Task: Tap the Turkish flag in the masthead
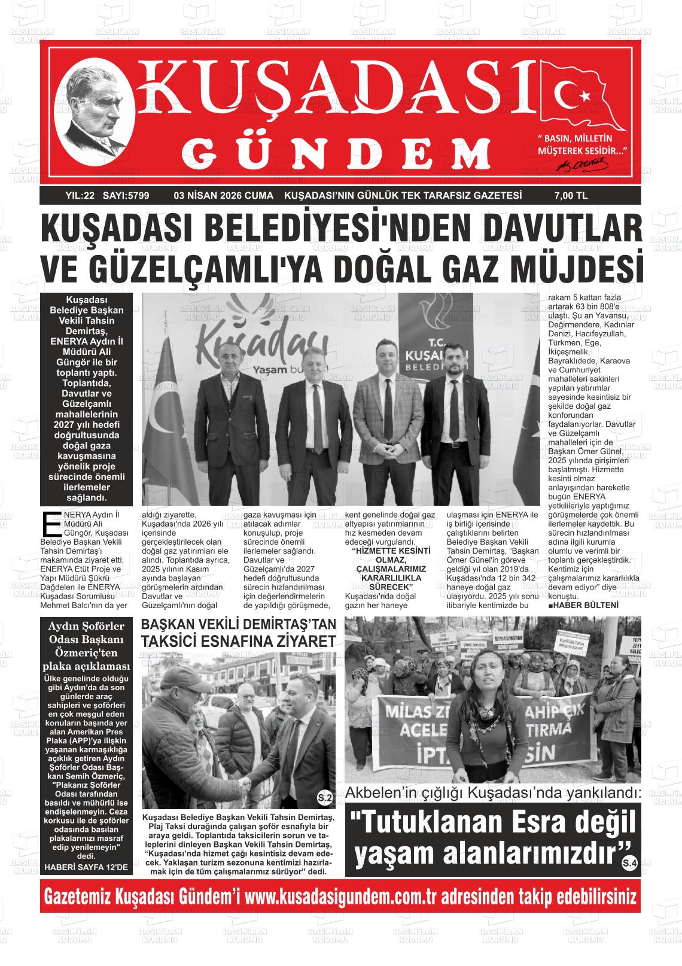(583, 96)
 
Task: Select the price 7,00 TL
(571, 196)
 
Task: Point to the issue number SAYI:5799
(126, 196)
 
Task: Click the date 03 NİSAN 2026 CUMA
(223, 196)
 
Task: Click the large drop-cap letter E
(51, 523)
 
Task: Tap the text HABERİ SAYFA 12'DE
(86, 867)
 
